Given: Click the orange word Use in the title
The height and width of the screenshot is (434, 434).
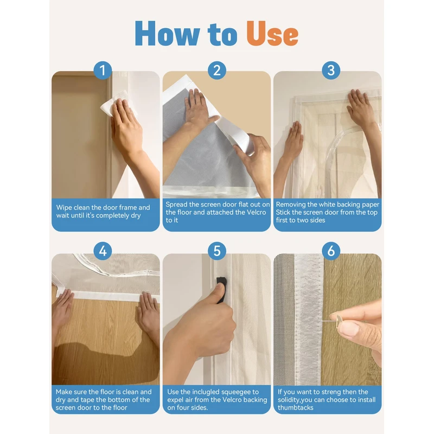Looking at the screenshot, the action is [272, 34].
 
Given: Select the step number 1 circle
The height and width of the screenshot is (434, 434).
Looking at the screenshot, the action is [103, 71].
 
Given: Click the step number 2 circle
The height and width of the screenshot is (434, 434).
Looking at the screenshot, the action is [217, 71].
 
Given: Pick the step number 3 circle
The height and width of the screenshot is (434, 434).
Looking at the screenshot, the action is [331, 71].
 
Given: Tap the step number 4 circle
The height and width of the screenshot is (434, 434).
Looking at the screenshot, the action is [103, 251].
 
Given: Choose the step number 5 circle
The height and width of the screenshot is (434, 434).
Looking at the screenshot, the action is [217, 251].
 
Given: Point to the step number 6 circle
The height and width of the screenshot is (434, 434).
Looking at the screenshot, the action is [331, 251].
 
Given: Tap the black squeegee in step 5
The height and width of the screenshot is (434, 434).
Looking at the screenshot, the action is [221, 289].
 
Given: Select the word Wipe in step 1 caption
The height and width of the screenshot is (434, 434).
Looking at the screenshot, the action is [64, 208].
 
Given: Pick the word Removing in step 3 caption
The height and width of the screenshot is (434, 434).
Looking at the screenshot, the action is [291, 205].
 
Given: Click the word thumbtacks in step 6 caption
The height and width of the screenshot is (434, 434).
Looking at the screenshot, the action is [296, 407].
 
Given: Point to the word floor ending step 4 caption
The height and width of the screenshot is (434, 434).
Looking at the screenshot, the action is [120, 407].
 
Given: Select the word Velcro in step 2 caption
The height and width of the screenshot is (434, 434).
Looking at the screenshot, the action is [256, 212].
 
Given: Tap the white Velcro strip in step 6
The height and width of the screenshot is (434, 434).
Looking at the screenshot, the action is [309, 318].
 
